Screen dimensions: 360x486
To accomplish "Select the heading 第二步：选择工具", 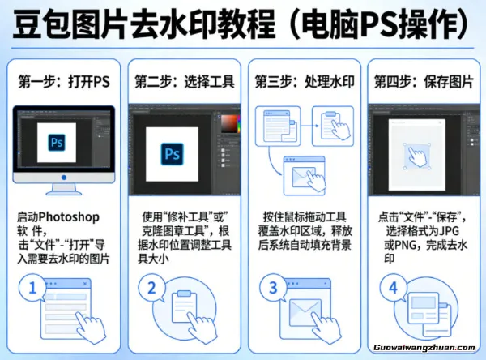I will (180, 82).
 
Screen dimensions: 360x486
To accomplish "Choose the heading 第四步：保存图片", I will (419, 82).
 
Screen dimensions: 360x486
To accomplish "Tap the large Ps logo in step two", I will (172, 153).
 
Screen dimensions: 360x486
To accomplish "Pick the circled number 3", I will (273, 288).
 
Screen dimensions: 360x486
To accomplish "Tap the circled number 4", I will (391, 288).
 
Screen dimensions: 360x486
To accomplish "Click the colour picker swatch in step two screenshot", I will (230, 124).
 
